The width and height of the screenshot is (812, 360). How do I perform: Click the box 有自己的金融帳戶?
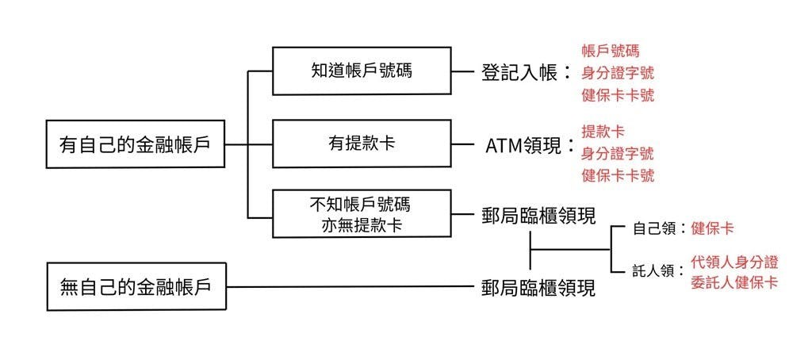pyautogui.click(x=134, y=144)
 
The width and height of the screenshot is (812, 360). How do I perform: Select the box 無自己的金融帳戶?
pyautogui.click(x=136, y=285)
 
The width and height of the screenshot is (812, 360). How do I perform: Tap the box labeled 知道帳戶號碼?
pyautogui.click(x=361, y=71)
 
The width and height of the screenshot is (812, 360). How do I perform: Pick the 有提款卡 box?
pyautogui.click(x=361, y=144)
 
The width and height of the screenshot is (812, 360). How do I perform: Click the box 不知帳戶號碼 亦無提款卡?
pyautogui.click(x=361, y=214)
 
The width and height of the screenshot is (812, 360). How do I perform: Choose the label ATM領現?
pyautogui.click(x=524, y=146)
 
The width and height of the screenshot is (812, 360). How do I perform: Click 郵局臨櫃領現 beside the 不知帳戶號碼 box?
pyautogui.click(x=538, y=216)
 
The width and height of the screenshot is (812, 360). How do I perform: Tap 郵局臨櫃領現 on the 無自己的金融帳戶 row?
pyautogui.click(x=538, y=287)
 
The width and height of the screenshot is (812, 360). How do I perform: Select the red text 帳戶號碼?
pyautogui.click(x=610, y=52)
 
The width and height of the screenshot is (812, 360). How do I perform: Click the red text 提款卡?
pyautogui.click(x=603, y=130)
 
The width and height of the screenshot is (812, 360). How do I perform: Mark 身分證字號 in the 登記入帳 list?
pyautogui.click(x=618, y=73)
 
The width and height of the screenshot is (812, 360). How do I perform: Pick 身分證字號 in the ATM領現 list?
pyautogui.click(x=618, y=152)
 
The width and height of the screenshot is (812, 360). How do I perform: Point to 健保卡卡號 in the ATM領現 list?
pyautogui.click(x=618, y=174)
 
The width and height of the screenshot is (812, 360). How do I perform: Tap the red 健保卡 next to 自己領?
pyautogui.click(x=712, y=228)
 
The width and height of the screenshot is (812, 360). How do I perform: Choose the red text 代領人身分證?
pyautogui.click(x=733, y=261)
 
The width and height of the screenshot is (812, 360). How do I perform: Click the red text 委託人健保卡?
pyautogui.click(x=733, y=282)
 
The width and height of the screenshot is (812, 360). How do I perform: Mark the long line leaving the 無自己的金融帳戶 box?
pyautogui.click(x=349, y=286)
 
